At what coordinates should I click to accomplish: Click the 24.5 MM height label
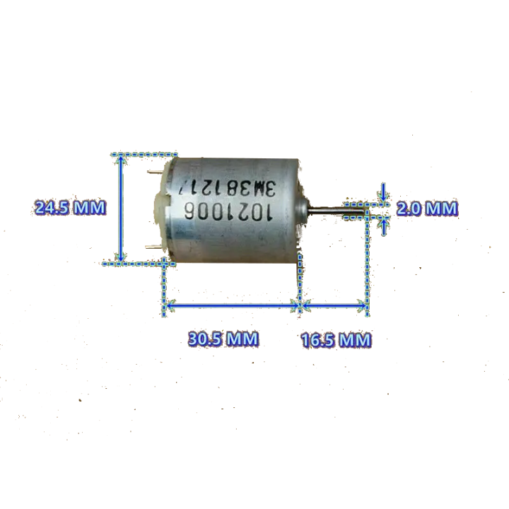pyautogui.click(x=70, y=208)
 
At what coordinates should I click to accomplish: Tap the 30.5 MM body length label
pyautogui.click(x=223, y=339)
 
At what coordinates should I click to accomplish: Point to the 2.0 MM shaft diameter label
pyautogui.click(x=426, y=209)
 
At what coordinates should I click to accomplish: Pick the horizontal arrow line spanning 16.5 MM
pyautogui.click(x=334, y=306)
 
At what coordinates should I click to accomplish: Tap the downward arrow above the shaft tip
pyautogui.click(x=383, y=192)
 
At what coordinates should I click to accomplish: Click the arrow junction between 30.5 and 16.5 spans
pyautogui.click(x=300, y=306)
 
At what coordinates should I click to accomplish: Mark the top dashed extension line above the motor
pyautogui.click(x=145, y=153)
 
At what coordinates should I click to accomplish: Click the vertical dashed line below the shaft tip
pyautogui.click(x=368, y=262)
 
